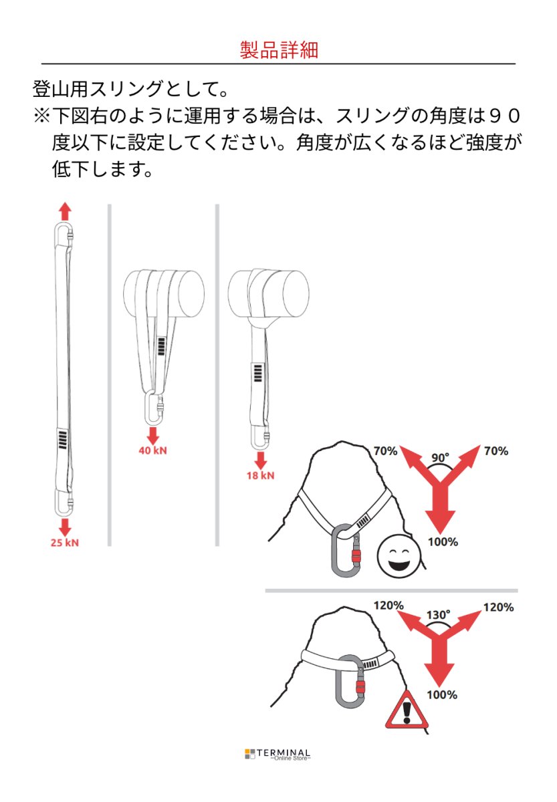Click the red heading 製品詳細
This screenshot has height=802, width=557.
tap(278, 50)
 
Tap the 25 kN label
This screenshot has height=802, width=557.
tap(64, 542)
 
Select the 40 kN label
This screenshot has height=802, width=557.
tap(152, 450)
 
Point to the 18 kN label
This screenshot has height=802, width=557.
tap(261, 476)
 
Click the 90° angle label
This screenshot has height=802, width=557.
tap(440, 458)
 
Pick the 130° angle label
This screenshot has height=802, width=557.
tap(439, 614)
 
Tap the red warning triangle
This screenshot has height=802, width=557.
tap(406, 711)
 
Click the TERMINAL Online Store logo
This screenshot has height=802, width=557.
tap(278, 754)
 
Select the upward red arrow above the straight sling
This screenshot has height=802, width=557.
tap(64, 212)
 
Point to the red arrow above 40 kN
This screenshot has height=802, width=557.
tap(152, 434)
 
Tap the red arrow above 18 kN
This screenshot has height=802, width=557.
tap(261, 459)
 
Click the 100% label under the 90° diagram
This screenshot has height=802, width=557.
tap(443, 542)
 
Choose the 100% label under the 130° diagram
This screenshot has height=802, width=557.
tap(441, 695)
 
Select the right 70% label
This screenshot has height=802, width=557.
tap(495, 451)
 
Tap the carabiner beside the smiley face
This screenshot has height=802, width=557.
tap(349, 549)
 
